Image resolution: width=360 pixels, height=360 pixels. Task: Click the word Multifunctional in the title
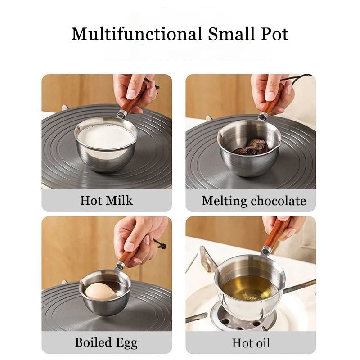137,34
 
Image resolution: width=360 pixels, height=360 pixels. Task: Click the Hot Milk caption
107,200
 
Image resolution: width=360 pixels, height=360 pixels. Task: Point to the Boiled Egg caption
107,342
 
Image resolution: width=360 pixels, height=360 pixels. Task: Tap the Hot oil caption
251,343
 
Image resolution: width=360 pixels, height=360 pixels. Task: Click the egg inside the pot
100,290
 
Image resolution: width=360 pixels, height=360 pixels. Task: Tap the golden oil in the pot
250,287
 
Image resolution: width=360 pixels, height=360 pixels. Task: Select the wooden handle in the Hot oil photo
276,234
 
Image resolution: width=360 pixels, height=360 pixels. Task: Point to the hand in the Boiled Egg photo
139,236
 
